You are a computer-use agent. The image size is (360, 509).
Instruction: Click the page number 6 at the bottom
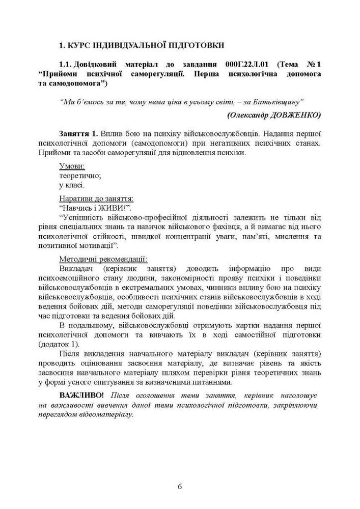tap(180, 486)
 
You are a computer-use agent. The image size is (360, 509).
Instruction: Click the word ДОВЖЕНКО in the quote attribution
tap(296, 115)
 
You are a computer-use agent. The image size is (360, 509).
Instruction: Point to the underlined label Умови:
tap(72, 166)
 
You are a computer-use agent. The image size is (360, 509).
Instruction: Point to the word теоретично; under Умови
tap(80, 175)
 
